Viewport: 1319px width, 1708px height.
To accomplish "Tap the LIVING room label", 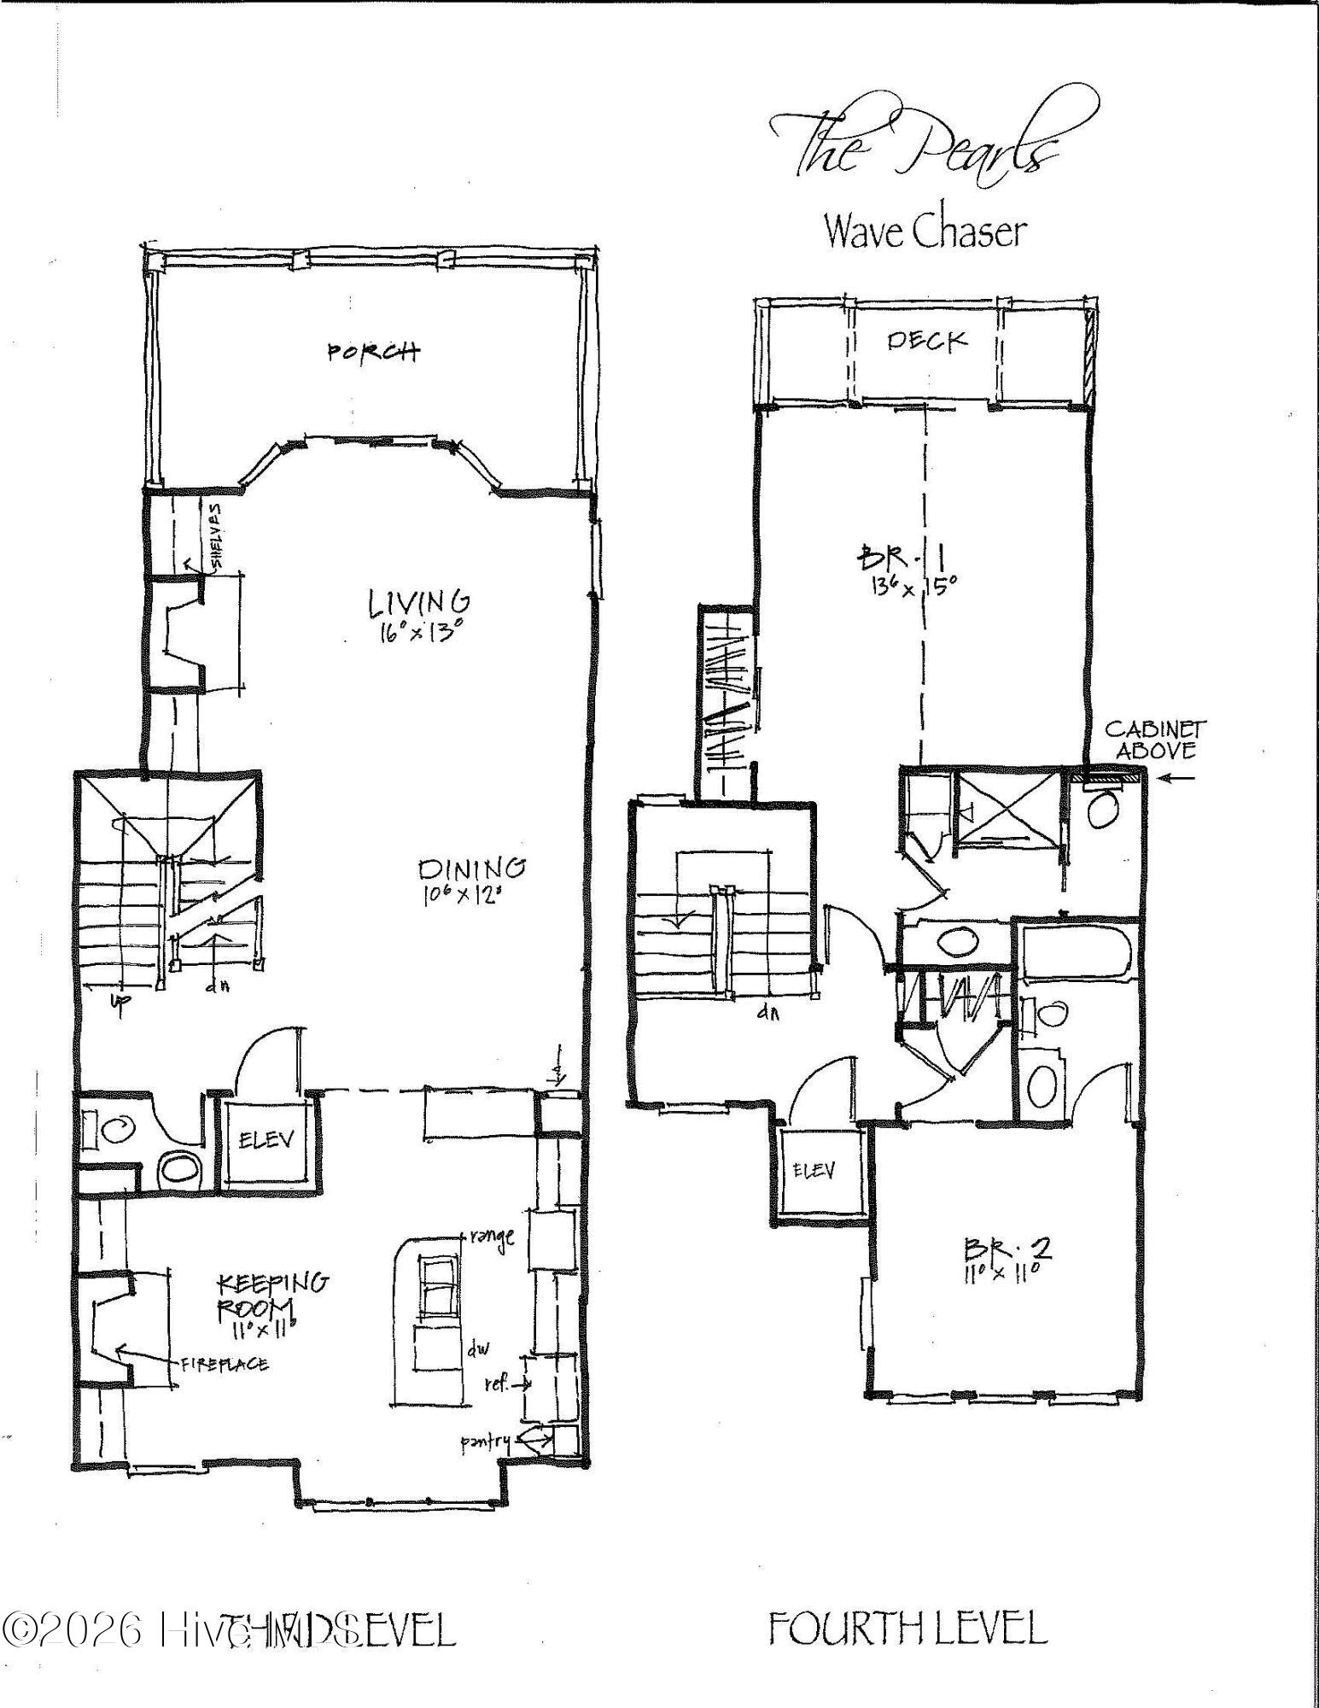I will pos(419,602).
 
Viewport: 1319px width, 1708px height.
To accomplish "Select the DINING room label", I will pos(471,869).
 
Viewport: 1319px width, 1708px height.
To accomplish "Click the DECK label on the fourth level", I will pos(927,341).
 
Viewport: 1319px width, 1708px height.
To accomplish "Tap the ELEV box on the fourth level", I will pos(814,1170).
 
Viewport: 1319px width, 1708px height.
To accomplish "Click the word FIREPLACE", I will pos(224,1364).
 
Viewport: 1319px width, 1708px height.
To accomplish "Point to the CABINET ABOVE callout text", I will pos(1154,740).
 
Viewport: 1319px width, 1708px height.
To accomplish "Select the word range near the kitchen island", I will pos(492,1236).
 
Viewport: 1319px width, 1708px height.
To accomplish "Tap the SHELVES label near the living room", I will pos(215,535).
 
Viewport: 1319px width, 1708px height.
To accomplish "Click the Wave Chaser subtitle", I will pos(925,231).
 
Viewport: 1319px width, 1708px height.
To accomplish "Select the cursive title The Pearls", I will pos(914,141).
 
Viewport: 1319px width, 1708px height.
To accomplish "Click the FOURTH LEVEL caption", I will pos(908,1628).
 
